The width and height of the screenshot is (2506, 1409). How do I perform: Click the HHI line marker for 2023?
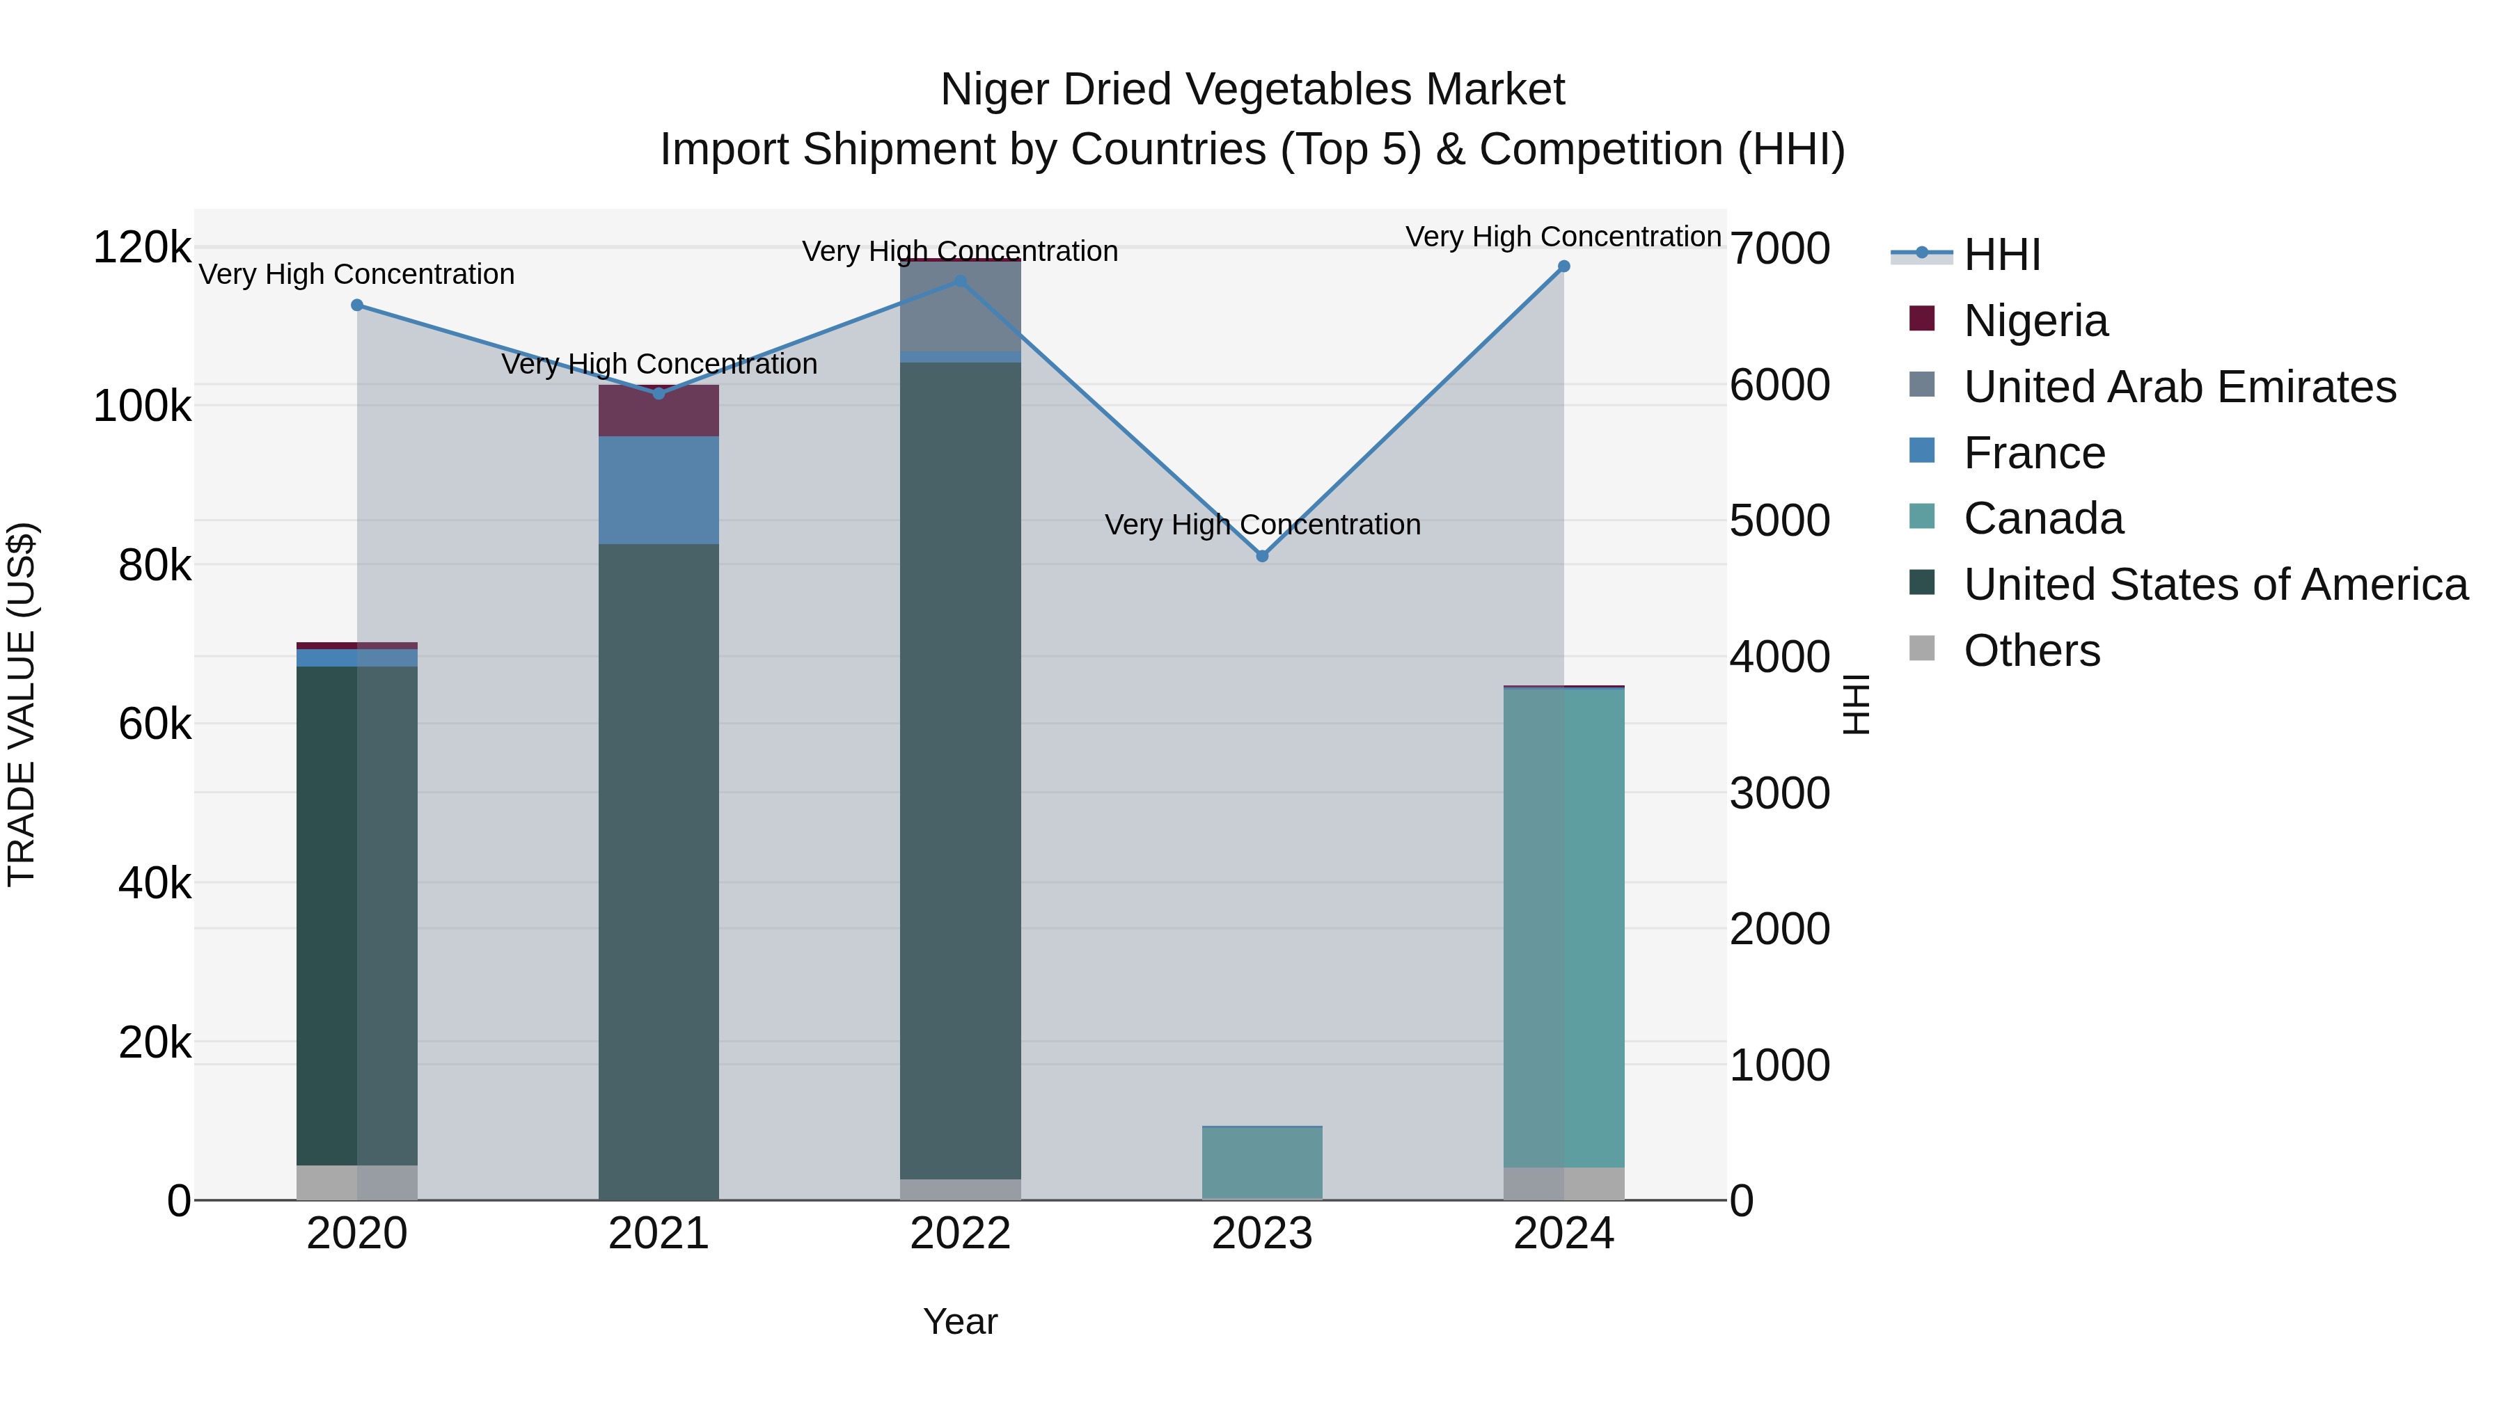coord(1262,556)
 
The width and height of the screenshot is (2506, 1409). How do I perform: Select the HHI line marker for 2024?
coord(1563,266)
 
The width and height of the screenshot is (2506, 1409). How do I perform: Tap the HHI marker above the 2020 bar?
coord(357,305)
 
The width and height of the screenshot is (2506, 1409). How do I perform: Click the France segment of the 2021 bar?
coord(659,490)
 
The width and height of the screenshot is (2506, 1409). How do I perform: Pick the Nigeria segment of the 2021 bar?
coord(659,411)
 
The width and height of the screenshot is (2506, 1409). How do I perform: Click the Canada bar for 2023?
coord(1262,1163)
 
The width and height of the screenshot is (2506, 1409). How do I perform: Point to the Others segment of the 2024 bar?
coord(1563,1184)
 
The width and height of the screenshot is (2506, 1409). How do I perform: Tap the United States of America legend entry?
coord(2214,584)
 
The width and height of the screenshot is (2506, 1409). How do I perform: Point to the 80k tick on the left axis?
coord(155,566)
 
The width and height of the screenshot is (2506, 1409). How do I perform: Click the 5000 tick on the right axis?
coord(1779,520)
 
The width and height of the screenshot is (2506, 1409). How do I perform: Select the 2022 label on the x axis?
coord(960,1234)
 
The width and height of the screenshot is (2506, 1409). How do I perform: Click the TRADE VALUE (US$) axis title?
coord(22,704)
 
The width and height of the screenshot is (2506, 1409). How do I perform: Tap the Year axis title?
coord(960,1321)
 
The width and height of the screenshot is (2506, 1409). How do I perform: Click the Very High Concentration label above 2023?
coord(1262,525)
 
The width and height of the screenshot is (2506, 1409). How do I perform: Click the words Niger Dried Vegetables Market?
coord(1252,90)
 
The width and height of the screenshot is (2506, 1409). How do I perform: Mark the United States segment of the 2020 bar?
coord(357,914)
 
